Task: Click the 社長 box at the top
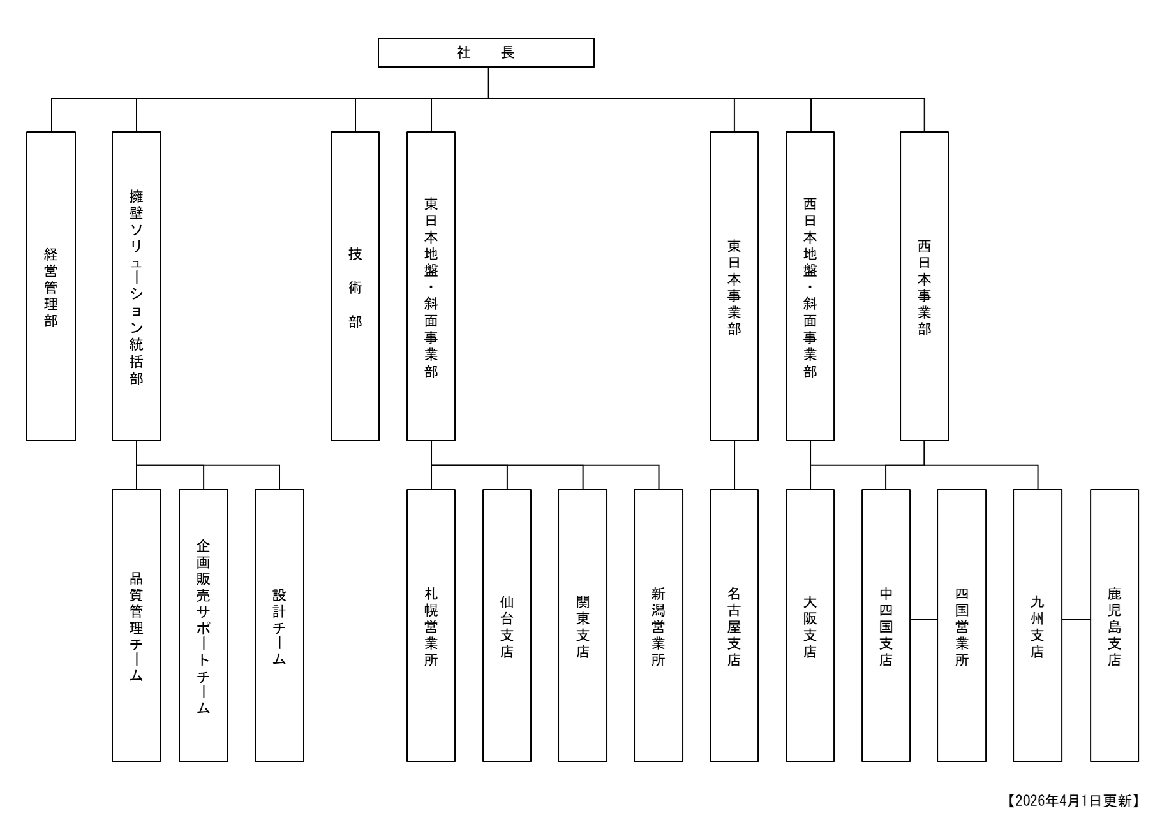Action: pos(486,52)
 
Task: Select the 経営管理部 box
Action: pos(51,286)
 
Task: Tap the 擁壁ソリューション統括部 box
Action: pos(137,286)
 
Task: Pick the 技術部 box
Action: pos(355,286)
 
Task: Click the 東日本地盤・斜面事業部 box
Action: pos(431,286)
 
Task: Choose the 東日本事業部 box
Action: pos(734,286)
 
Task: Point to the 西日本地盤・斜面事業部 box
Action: pos(810,286)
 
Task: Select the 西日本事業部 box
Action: pos(924,286)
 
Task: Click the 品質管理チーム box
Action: pos(137,625)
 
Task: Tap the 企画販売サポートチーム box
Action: pos(204,625)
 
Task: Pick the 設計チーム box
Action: pos(279,625)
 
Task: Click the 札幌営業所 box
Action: pos(431,625)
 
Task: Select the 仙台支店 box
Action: pos(507,625)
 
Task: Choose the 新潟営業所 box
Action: pos(659,625)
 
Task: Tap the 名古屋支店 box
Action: pos(734,625)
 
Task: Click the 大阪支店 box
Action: pos(810,625)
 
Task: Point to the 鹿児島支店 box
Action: pos(1114,625)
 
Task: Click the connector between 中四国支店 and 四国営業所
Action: pos(923,619)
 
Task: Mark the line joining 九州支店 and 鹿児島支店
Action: pos(1076,619)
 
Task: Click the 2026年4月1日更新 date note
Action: pos(1073,801)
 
